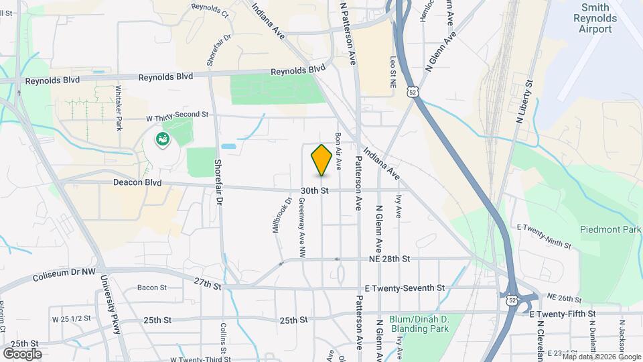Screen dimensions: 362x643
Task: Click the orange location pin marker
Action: [321, 160]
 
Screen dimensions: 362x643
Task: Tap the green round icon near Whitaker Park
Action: [162, 139]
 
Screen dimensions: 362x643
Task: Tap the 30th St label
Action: [313, 190]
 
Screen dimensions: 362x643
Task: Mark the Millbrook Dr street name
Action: [281, 215]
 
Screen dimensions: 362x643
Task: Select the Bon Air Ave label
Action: [339, 149]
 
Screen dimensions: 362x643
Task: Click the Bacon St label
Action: [151, 288]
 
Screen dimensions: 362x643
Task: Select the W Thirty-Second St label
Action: [177, 115]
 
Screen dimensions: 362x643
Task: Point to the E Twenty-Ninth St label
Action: [543, 235]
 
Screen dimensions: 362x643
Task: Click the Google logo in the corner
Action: [22, 353]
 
